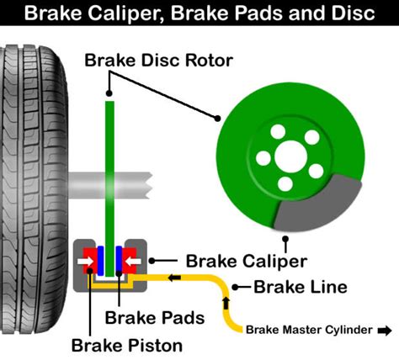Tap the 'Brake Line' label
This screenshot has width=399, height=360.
[301, 288]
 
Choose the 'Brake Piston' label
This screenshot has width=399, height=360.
[126, 344]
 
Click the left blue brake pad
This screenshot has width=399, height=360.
[98, 261]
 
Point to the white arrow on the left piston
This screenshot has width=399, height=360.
[86, 261]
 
